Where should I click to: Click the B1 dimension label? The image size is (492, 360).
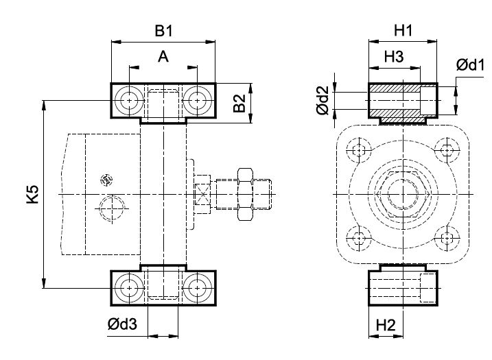click(x=163, y=32)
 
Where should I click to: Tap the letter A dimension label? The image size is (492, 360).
click(x=163, y=57)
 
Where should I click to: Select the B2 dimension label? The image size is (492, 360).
click(x=239, y=103)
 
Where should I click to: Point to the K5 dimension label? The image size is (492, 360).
click(x=32, y=195)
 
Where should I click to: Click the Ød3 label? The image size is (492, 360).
click(x=122, y=324)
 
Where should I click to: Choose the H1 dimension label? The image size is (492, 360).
click(x=403, y=31)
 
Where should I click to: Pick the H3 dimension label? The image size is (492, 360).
click(x=394, y=57)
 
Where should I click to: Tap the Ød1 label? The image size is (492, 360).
click(x=470, y=65)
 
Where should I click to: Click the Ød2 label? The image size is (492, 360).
click(x=323, y=100)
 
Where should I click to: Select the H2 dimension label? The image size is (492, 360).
click(x=386, y=325)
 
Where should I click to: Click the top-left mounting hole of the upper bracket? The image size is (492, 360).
click(x=129, y=100)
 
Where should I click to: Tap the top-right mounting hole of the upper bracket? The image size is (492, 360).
click(x=197, y=100)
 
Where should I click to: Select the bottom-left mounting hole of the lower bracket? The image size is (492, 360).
click(x=129, y=288)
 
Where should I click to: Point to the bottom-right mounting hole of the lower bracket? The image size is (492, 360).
click(x=197, y=288)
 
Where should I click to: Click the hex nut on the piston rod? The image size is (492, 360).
click(x=246, y=195)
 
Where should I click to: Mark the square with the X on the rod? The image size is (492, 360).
click(x=202, y=195)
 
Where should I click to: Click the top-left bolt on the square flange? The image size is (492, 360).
click(x=359, y=150)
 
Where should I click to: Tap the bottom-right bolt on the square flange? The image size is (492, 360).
click(x=446, y=238)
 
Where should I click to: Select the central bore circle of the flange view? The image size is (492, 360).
click(x=403, y=195)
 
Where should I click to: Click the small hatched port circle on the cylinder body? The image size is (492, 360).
click(x=106, y=180)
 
